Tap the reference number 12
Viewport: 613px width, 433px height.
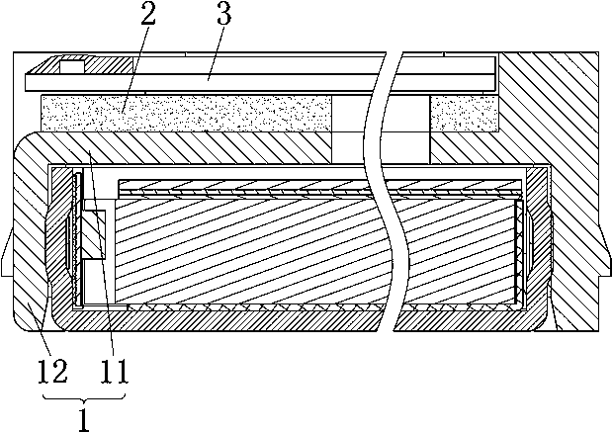(51, 372)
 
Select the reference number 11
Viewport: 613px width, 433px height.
(111, 372)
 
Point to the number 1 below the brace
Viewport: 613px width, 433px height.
(83, 417)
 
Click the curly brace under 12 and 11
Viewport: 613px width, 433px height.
(83, 394)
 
